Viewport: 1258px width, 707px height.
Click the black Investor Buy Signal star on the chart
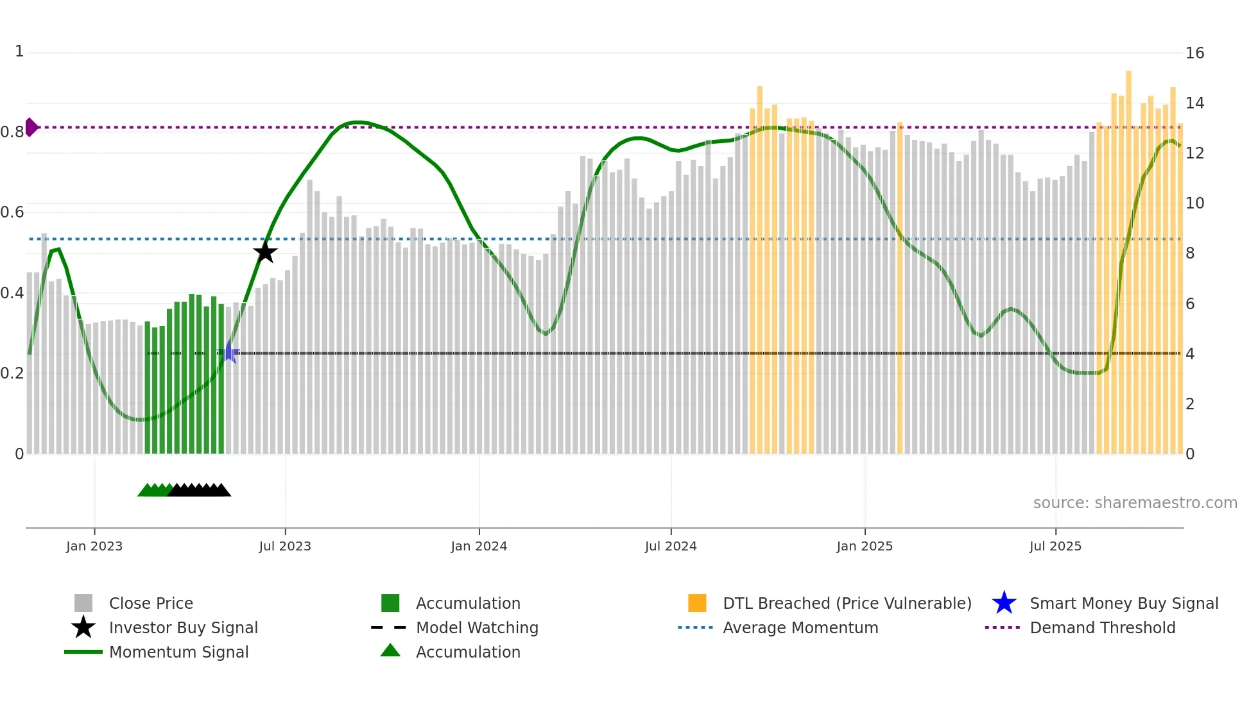coord(265,252)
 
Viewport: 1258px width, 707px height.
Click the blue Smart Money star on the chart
coord(229,353)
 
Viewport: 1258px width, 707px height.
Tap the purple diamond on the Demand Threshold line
coord(31,127)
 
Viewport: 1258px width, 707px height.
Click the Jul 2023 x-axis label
coord(285,546)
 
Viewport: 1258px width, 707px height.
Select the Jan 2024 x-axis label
coord(479,546)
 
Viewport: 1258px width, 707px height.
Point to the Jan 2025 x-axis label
coord(865,546)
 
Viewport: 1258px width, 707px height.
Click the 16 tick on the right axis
coord(1194,53)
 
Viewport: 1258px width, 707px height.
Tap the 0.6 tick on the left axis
coord(12,212)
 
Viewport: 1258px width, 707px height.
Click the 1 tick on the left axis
coord(19,51)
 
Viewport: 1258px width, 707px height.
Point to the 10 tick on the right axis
coord(1194,203)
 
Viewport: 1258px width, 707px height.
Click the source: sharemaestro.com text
coord(1135,502)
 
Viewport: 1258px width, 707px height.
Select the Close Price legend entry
coord(151,603)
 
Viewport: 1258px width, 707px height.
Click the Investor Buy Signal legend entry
coord(183,627)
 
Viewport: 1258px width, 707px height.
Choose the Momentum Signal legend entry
coord(178,652)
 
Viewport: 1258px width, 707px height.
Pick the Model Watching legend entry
coord(477,627)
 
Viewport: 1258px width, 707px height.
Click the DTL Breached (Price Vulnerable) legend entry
coord(847,603)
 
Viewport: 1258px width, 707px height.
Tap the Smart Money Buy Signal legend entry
coord(1123,603)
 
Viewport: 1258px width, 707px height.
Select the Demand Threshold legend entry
coord(1102,627)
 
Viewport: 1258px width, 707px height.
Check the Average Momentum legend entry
coord(800,627)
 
